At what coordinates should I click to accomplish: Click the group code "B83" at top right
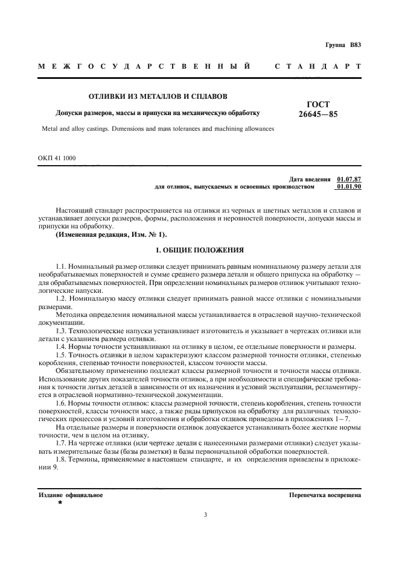(355, 45)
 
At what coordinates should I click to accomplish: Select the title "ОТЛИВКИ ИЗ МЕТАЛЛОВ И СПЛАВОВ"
(159, 95)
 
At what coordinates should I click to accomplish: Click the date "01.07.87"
(349, 179)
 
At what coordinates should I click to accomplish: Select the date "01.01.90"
(349, 187)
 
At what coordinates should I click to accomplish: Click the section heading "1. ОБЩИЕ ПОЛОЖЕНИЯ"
(199, 249)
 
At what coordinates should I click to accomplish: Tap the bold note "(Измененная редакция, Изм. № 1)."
(111, 234)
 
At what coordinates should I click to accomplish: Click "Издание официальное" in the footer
(71, 495)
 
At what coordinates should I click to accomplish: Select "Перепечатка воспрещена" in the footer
(325, 495)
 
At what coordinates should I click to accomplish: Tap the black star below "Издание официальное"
(60, 502)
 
